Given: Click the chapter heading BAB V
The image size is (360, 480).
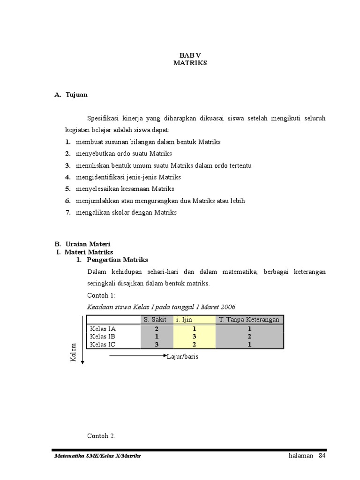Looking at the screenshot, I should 189,55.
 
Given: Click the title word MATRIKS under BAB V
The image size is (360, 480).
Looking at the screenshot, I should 189,63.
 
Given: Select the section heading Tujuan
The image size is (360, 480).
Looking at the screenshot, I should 76,95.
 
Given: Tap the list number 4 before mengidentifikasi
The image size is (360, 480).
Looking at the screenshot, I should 68,177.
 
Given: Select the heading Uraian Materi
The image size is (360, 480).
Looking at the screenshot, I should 87,244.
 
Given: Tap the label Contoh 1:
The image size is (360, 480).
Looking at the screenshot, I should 101,295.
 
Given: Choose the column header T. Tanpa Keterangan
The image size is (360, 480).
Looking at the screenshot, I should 249,320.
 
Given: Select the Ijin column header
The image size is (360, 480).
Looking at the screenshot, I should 187,320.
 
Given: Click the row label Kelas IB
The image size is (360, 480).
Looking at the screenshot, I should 103,337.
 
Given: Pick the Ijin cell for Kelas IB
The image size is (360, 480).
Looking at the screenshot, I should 194,337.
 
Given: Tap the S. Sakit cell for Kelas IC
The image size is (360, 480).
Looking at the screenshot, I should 157,344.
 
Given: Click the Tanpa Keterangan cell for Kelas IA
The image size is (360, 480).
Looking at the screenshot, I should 250,329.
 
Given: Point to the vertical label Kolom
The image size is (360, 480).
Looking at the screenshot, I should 73,352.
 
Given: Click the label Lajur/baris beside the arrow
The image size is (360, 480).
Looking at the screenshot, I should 183,357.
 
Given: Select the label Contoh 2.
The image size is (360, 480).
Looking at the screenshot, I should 101,436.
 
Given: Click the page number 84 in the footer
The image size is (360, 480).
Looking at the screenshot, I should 322,456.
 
